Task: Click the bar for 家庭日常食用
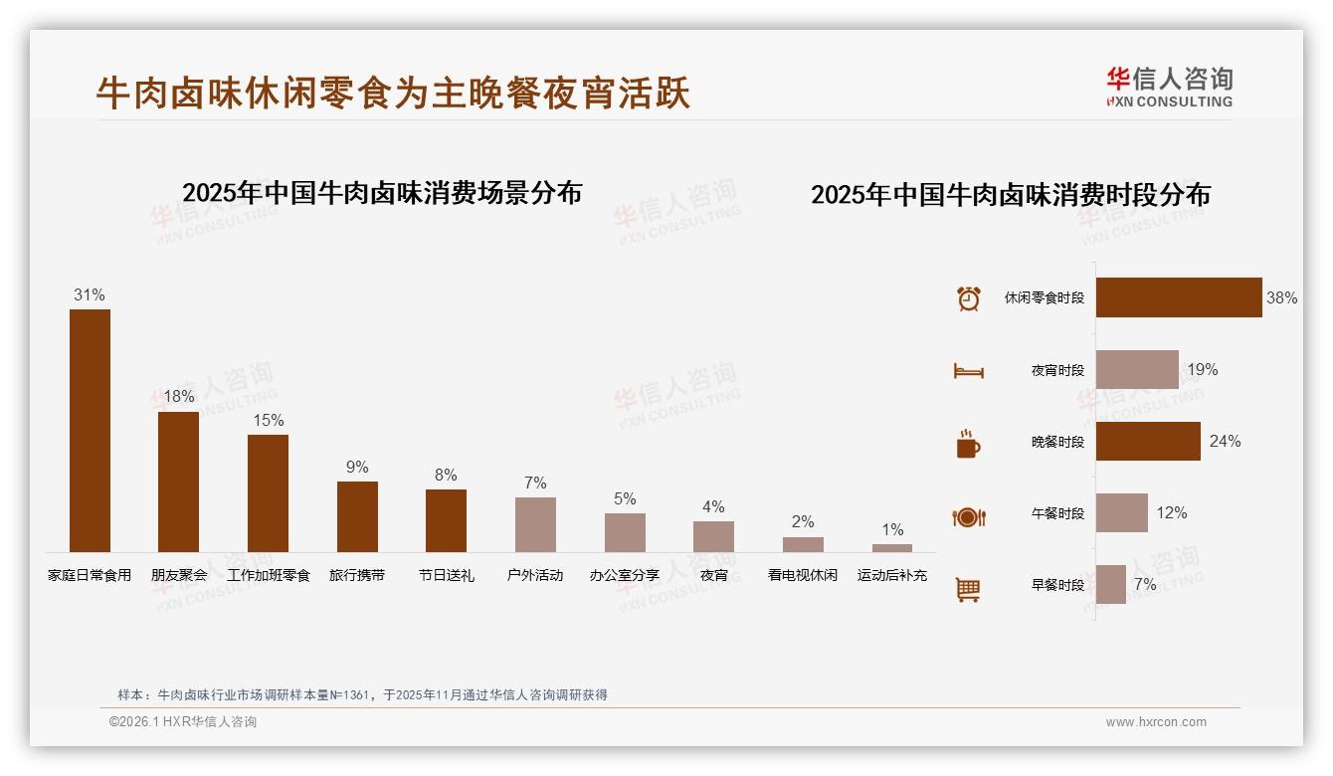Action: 90,430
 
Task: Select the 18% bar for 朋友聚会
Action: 178,482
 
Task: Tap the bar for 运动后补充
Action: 892,547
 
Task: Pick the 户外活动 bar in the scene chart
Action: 535,524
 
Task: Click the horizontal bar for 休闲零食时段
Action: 1179,297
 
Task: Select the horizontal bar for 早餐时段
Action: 1111,584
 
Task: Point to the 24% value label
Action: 1225,441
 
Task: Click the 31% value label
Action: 90,294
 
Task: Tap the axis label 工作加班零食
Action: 269,575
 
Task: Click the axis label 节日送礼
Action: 446,575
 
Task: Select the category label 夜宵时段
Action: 1057,370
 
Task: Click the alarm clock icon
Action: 969,298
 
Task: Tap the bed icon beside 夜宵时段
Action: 969,371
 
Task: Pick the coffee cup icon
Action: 968,444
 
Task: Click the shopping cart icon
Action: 968,589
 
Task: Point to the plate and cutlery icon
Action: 969,516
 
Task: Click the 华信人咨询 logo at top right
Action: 1169,87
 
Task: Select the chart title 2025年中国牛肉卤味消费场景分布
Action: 382,192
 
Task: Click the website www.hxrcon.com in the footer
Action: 1156,722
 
